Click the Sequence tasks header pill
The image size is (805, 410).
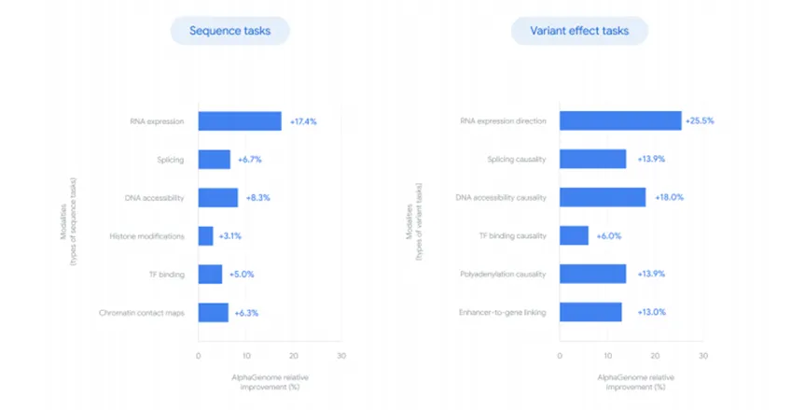pyautogui.click(x=229, y=31)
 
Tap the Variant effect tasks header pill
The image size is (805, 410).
pyautogui.click(x=579, y=31)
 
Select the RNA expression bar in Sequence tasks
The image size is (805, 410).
pyautogui.click(x=240, y=121)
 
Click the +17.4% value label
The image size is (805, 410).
pyautogui.click(x=305, y=121)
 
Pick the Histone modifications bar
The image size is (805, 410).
pyautogui.click(x=206, y=236)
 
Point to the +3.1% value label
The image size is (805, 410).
pyautogui.click(x=230, y=236)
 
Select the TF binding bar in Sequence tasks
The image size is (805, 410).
pyautogui.click(x=211, y=275)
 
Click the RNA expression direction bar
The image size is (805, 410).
pyautogui.click(x=620, y=121)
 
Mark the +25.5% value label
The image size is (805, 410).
pyautogui.click(x=701, y=121)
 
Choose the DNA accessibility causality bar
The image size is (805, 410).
pyautogui.click(x=603, y=198)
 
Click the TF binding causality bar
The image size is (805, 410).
pyautogui.click(x=575, y=236)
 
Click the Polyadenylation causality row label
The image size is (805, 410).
pyautogui.click(x=505, y=275)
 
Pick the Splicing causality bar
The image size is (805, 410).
pyautogui.click(x=593, y=160)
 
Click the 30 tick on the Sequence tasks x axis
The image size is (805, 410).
pyautogui.click(x=341, y=356)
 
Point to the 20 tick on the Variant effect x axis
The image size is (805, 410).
pyautogui.click(x=655, y=356)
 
